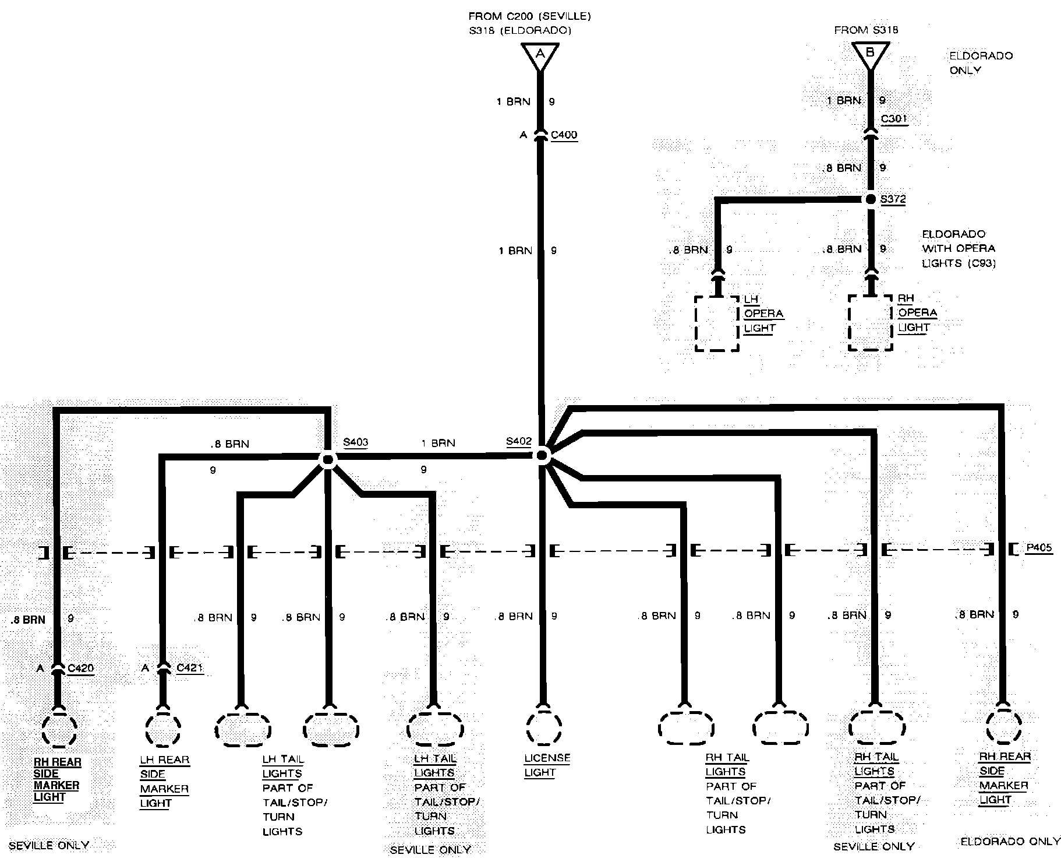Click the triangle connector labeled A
coord(540,56)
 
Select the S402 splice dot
coord(543,455)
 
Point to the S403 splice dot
coord(328,460)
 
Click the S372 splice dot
coord(871,199)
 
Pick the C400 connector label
coord(564,135)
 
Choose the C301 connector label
coord(894,119)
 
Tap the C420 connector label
coord(80,668)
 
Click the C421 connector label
coord(189,668)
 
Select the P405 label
coord(1038,548)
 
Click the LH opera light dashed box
coord(717,323)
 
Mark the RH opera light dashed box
coord(871,323)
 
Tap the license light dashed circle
coord(543,728)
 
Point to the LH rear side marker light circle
coord(163,729)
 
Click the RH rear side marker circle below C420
coord(59,729)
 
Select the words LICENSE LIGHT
coord(547,765)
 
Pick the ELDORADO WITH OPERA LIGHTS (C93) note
coord(959,249)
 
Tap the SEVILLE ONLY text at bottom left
coord(49,845)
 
